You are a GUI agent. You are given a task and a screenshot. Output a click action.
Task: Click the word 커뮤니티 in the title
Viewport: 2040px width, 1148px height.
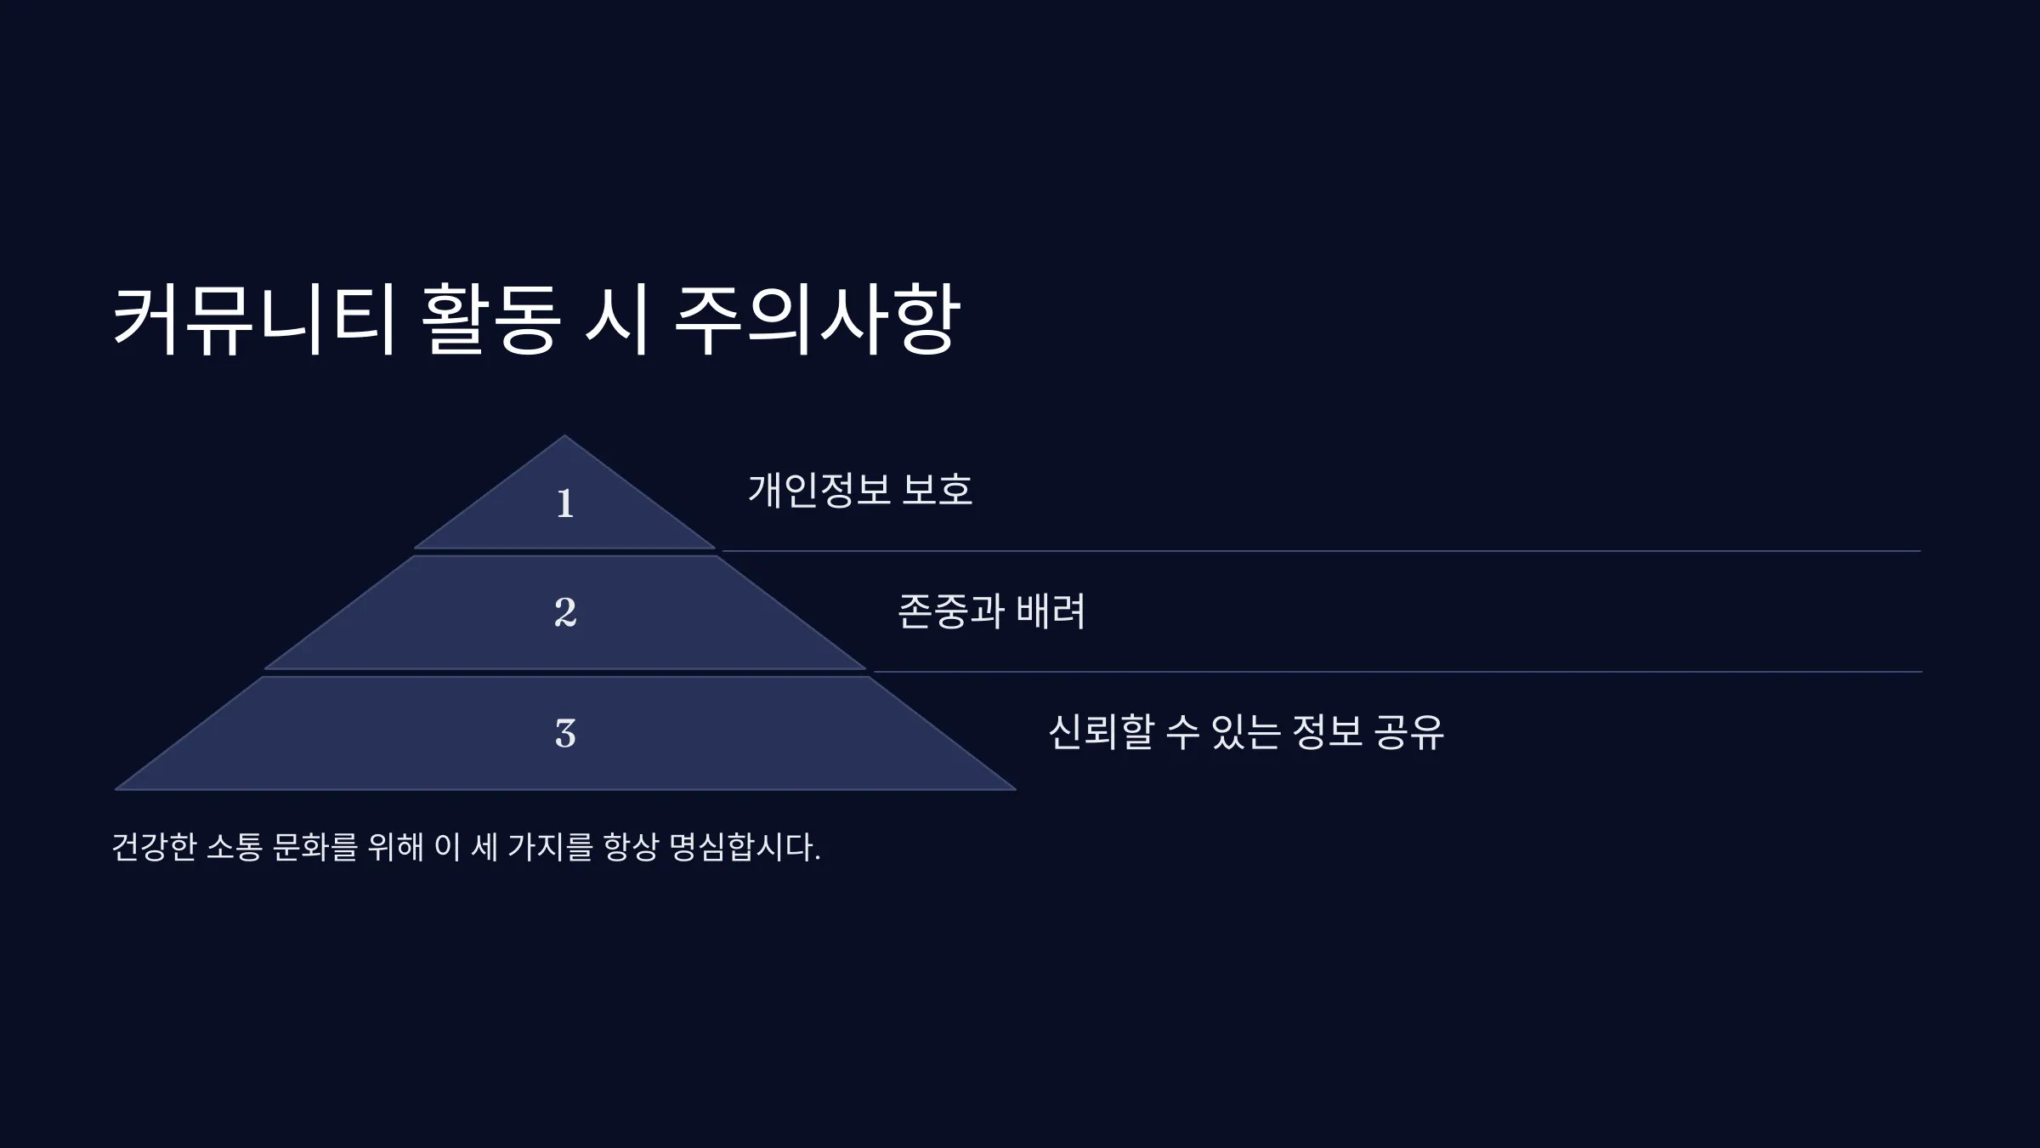point(254,320)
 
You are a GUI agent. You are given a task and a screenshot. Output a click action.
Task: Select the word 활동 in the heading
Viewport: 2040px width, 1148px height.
point(491,320)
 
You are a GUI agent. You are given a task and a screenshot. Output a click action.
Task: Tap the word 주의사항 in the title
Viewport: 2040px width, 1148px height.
point(816,320)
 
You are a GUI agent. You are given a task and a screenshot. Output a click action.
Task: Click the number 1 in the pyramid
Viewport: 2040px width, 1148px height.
point(565,503)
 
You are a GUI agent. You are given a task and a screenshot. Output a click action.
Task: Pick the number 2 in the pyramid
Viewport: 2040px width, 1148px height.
point(565,612)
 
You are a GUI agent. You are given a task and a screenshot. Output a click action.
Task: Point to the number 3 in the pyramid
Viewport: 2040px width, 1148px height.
point(565,733)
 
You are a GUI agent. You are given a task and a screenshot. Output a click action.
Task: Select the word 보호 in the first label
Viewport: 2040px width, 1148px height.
point(937,490)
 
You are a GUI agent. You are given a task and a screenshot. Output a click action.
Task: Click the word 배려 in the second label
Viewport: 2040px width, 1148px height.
point(1051,611)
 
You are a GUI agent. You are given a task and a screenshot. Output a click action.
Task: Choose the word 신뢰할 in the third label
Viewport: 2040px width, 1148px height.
point(1102,731)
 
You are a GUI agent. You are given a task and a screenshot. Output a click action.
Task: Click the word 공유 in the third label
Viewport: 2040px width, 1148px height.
point(1408,731)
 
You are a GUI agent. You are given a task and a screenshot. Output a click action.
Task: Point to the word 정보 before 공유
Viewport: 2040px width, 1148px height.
point(1327,731)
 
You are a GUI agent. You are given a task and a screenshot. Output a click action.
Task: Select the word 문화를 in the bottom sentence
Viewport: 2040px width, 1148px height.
point(314,847)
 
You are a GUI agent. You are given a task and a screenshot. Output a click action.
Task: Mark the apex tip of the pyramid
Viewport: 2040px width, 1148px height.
point(564,436)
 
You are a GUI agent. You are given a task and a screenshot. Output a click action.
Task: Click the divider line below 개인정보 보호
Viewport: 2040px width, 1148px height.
point(1321,551)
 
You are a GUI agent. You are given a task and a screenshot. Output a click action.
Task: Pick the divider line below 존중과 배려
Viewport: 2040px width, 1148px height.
point(1397,672)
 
